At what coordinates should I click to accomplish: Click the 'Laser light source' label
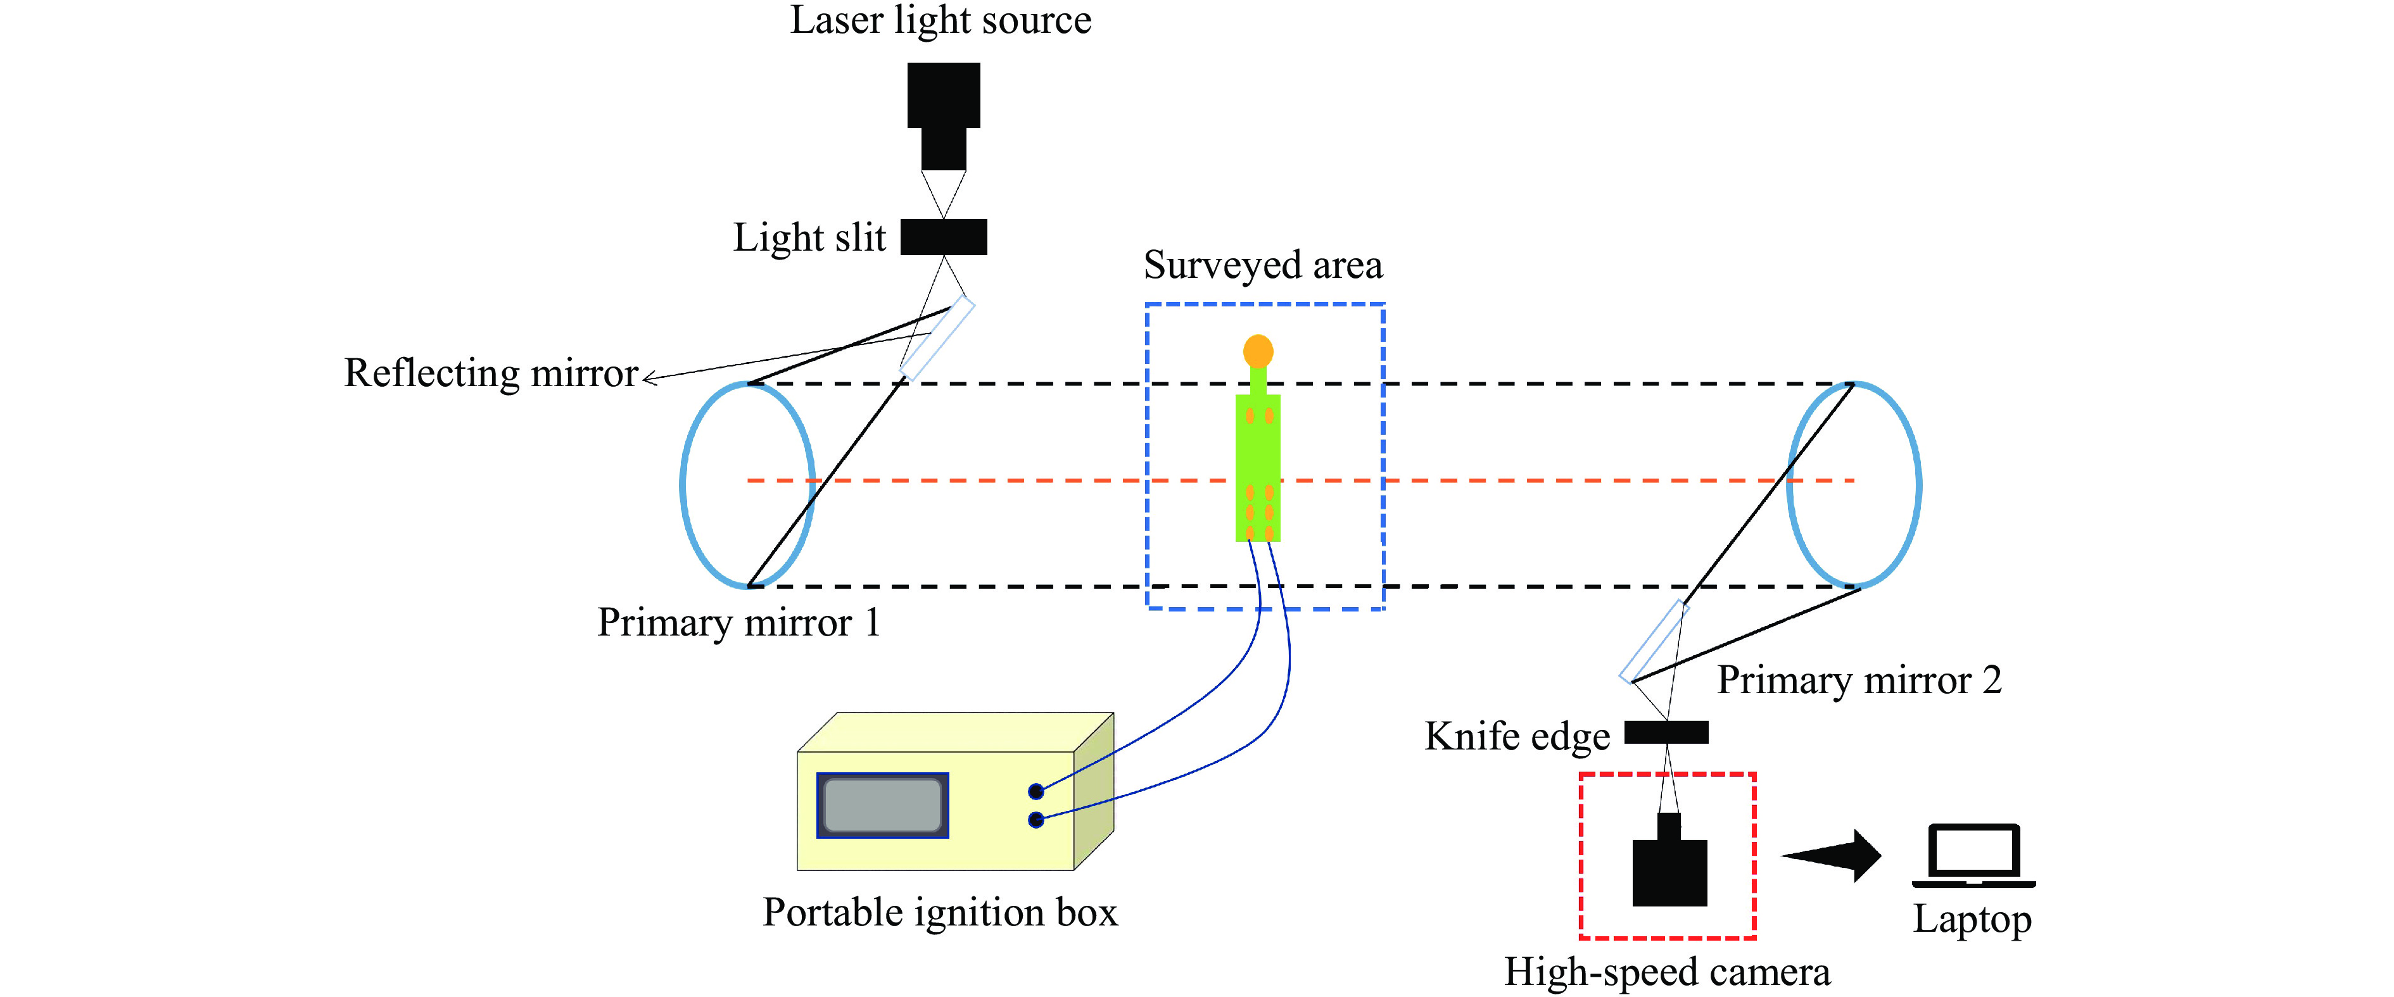pyautogui.click(x=940, y=20)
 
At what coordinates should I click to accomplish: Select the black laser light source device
pyautogui.click(x=943, y=102)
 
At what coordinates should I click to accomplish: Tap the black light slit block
pyautogui.click(x=943, y=237)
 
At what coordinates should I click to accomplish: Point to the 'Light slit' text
pyautogui.click(x=809, y=238)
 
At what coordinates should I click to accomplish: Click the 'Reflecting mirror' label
pyautogui.click(x=491, y=373)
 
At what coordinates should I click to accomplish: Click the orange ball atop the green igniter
pyautogui.click(x=1257, y=351)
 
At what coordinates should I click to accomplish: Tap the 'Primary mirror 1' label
pyautogui.click(x=738, y=622)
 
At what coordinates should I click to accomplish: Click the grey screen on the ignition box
pyautogui.click(x=882, y=805)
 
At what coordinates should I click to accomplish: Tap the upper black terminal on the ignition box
pyautogui.click(x=1036, y=792)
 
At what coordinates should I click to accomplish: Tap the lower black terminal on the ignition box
pyautogui.click(x=1036, y=820)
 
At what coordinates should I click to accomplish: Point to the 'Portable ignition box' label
pyautogui.click(x=940, y=912)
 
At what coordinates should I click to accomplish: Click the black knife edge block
pyautogui.click(x=1666, y=732)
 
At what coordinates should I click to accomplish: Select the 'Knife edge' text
pyautogui.click(x=1517, y=737)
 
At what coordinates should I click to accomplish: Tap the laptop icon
pyautogui.click(x=1973, y=855)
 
